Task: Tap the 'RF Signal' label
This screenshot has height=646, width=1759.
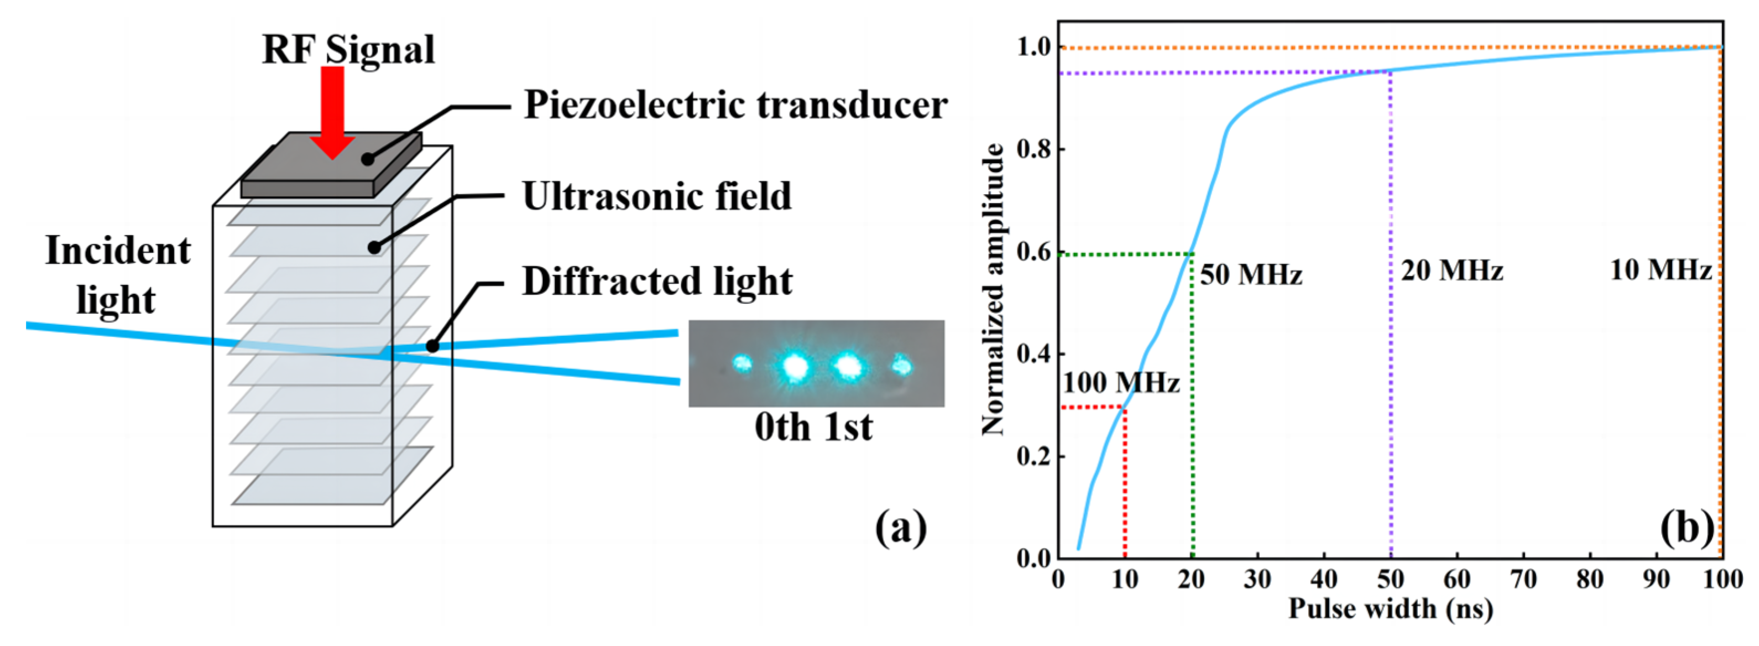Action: (348, 49)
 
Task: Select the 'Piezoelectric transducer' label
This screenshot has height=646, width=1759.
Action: (735, 105)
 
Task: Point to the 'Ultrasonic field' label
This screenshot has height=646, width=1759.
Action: (657, 197)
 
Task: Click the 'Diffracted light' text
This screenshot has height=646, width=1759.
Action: (657, 282)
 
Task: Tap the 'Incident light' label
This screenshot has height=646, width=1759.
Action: (117, 275)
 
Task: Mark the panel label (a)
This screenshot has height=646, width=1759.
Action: (901, 528)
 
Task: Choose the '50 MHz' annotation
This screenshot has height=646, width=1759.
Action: (1251, 274)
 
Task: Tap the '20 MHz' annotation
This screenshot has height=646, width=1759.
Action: (1452, 271)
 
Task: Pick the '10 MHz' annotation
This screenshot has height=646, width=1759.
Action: (1661, 270)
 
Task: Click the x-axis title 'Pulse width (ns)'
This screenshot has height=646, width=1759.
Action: (1390, 608)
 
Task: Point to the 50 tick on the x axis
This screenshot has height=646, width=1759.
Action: (1390, 580)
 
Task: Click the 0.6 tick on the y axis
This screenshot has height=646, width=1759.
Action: (1034, 252)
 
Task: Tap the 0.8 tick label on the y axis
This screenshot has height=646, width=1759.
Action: (1034, 149)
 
